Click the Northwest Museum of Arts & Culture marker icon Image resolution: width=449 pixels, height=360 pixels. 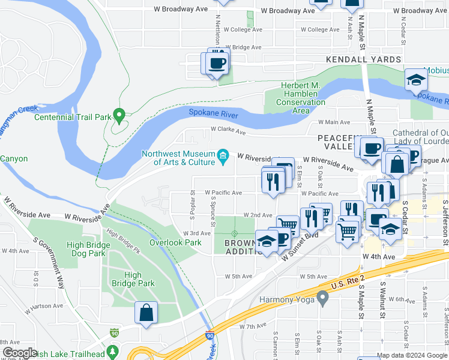(223, 156)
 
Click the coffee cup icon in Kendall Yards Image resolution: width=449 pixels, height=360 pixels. (217, 62)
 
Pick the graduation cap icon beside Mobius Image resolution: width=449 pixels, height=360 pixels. (415, 80)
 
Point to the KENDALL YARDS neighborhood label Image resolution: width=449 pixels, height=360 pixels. (363, 59)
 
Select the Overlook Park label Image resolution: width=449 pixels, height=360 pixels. (175, 242)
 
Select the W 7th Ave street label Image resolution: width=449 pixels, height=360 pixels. (252, 326)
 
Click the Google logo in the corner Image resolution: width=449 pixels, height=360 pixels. (20, 352)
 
